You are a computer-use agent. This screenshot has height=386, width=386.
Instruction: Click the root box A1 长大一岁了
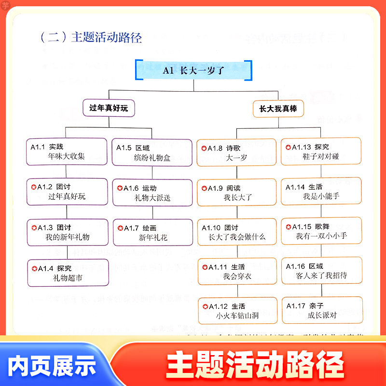(x=193, y=70)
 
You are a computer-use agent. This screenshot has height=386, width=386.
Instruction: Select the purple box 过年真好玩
(x=109, y=109)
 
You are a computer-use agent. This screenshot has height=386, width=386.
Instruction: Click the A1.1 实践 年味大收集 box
(x=66, y=152)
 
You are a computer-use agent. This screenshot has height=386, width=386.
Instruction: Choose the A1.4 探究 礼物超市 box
(x=67, y=272)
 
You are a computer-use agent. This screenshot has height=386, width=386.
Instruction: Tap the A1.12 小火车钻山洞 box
(x=237, y=310)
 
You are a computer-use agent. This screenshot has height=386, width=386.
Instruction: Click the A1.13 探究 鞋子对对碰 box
(x=321, y=152)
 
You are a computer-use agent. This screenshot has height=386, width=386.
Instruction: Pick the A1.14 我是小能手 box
(x=321, y=191)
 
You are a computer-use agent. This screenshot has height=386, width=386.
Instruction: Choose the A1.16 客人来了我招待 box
(x=321, y=271)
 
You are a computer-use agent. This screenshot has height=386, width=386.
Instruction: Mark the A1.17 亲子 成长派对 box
(x=321, y=310)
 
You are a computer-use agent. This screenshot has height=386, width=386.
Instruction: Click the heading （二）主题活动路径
(x=91, y=38)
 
